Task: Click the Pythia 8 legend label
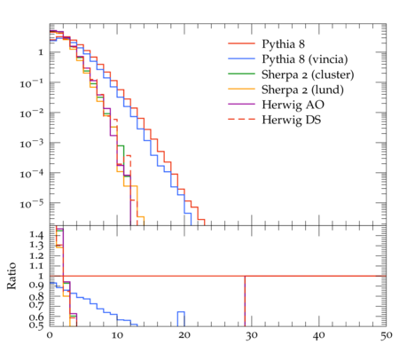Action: click(283, 44)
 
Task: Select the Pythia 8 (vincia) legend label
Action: click(305, 59)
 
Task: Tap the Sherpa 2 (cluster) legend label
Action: click(308, 74)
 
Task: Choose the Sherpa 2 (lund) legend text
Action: click(302, 90)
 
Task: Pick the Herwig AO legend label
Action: click(293, 105)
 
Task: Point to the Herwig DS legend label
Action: click(292, 120)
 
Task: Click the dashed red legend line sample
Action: click(241, 119)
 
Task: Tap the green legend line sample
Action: click(241, 74)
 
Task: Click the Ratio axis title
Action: click(12, 276)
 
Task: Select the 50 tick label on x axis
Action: click(386, 335)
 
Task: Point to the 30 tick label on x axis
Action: click(252, 335)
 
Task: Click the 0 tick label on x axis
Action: click(50, 335)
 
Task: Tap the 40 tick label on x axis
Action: click(318, 335)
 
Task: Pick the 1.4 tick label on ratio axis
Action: click(36, 235)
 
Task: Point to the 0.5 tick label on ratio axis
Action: click(36, 325)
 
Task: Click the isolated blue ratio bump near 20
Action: click(181, 312)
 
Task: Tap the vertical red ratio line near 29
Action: click(245, 301)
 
